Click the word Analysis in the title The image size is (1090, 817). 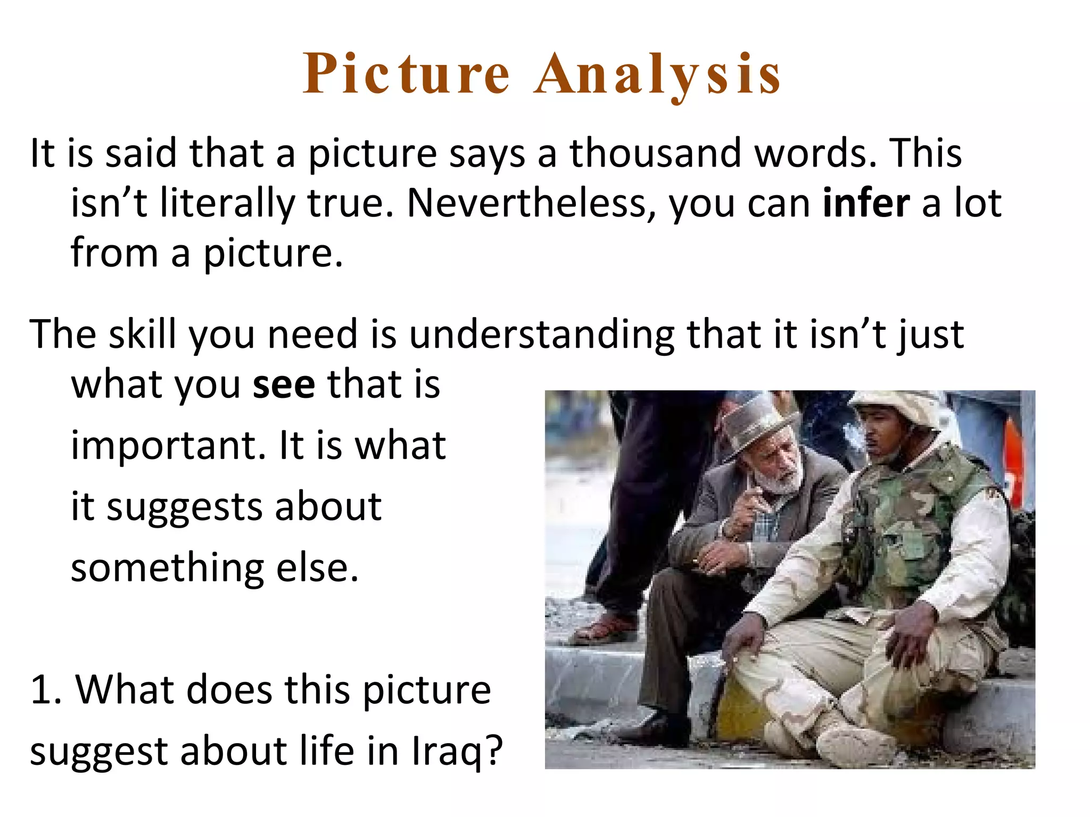[658, 74]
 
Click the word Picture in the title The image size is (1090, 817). [407, 74]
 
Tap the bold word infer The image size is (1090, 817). [866, 204]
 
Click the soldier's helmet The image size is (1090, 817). [894, 407]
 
